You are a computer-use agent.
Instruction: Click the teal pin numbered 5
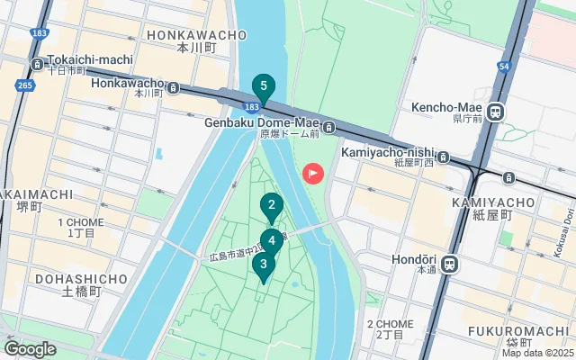click(x=263, y=88)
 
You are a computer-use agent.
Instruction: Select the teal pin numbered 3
click(x=263, y=265)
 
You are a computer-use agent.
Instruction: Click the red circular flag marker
click(x=313, y=172)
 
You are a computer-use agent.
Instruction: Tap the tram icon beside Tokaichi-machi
click(x=37, y=64)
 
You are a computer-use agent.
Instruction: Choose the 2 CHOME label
click(x=390, y=324)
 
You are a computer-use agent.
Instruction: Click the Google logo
click(x=29, y=349)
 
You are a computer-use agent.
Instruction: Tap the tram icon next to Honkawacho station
click(x=172, y=90)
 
